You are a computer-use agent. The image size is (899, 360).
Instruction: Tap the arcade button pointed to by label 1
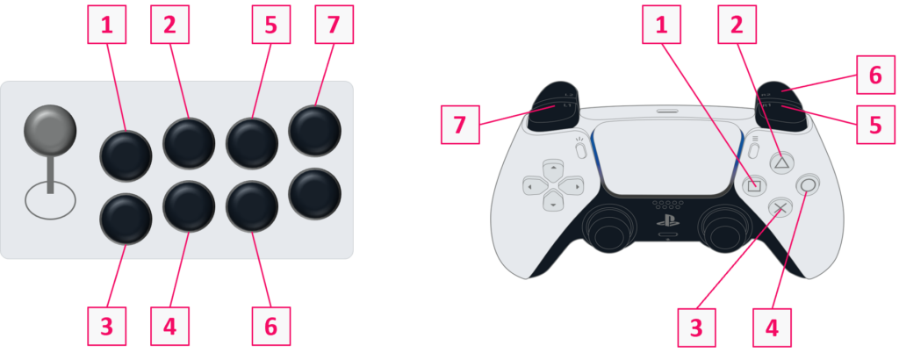point(126,155)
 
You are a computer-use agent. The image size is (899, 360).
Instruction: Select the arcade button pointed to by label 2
point(189,140)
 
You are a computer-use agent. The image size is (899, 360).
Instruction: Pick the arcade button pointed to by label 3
point(126,218)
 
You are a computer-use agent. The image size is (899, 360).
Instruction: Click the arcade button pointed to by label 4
point(189,205)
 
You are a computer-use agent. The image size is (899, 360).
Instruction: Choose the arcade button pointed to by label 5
point(252,140)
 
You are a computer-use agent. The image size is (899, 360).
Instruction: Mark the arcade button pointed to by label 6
point(252,205)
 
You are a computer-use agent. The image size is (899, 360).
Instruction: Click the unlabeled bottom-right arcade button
point(315,193)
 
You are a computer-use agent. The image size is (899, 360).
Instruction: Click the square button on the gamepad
point(753,184)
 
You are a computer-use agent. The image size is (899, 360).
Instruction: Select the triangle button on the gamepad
point(780,162)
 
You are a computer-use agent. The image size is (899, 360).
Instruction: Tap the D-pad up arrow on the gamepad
point(552,168)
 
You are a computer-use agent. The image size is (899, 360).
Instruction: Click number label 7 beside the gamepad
point(461,124)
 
